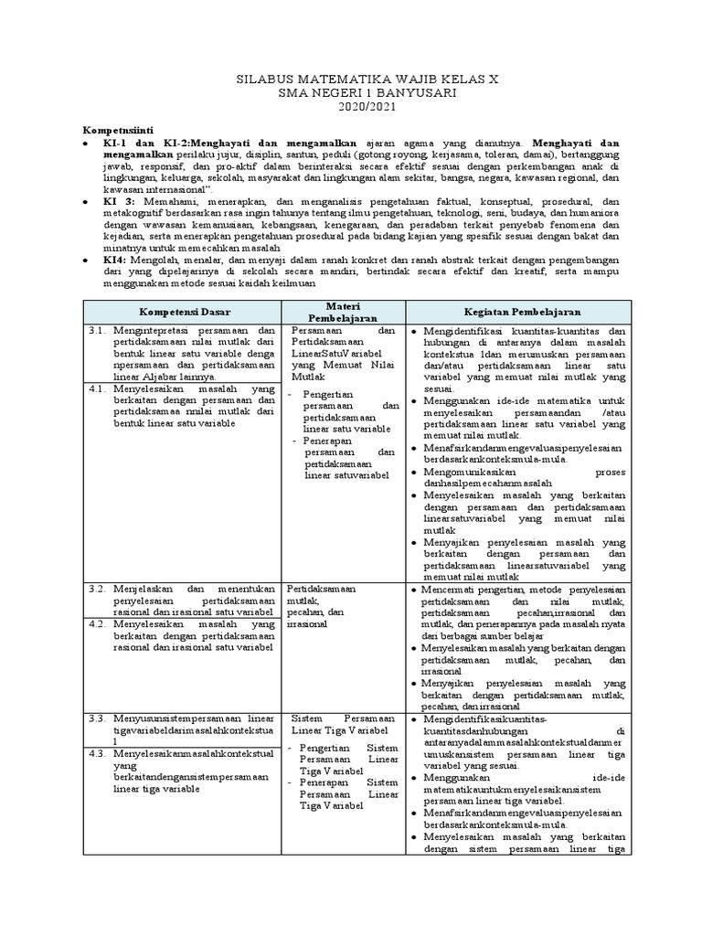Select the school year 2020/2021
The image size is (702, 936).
click(x=351, y=109)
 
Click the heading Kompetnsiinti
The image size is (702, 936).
click(x=122, y=130)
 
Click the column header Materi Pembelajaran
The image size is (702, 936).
click(x=343, y=312)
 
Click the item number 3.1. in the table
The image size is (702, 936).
click(x=100, y=331)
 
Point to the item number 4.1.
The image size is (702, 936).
click(x=100, y=388)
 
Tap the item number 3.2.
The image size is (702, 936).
click(x=100, y=590)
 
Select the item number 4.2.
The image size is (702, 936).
click(x=100, y=624)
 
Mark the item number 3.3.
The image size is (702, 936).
click(x=100, y=719)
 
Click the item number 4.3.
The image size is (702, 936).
click(x=100, y=753)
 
